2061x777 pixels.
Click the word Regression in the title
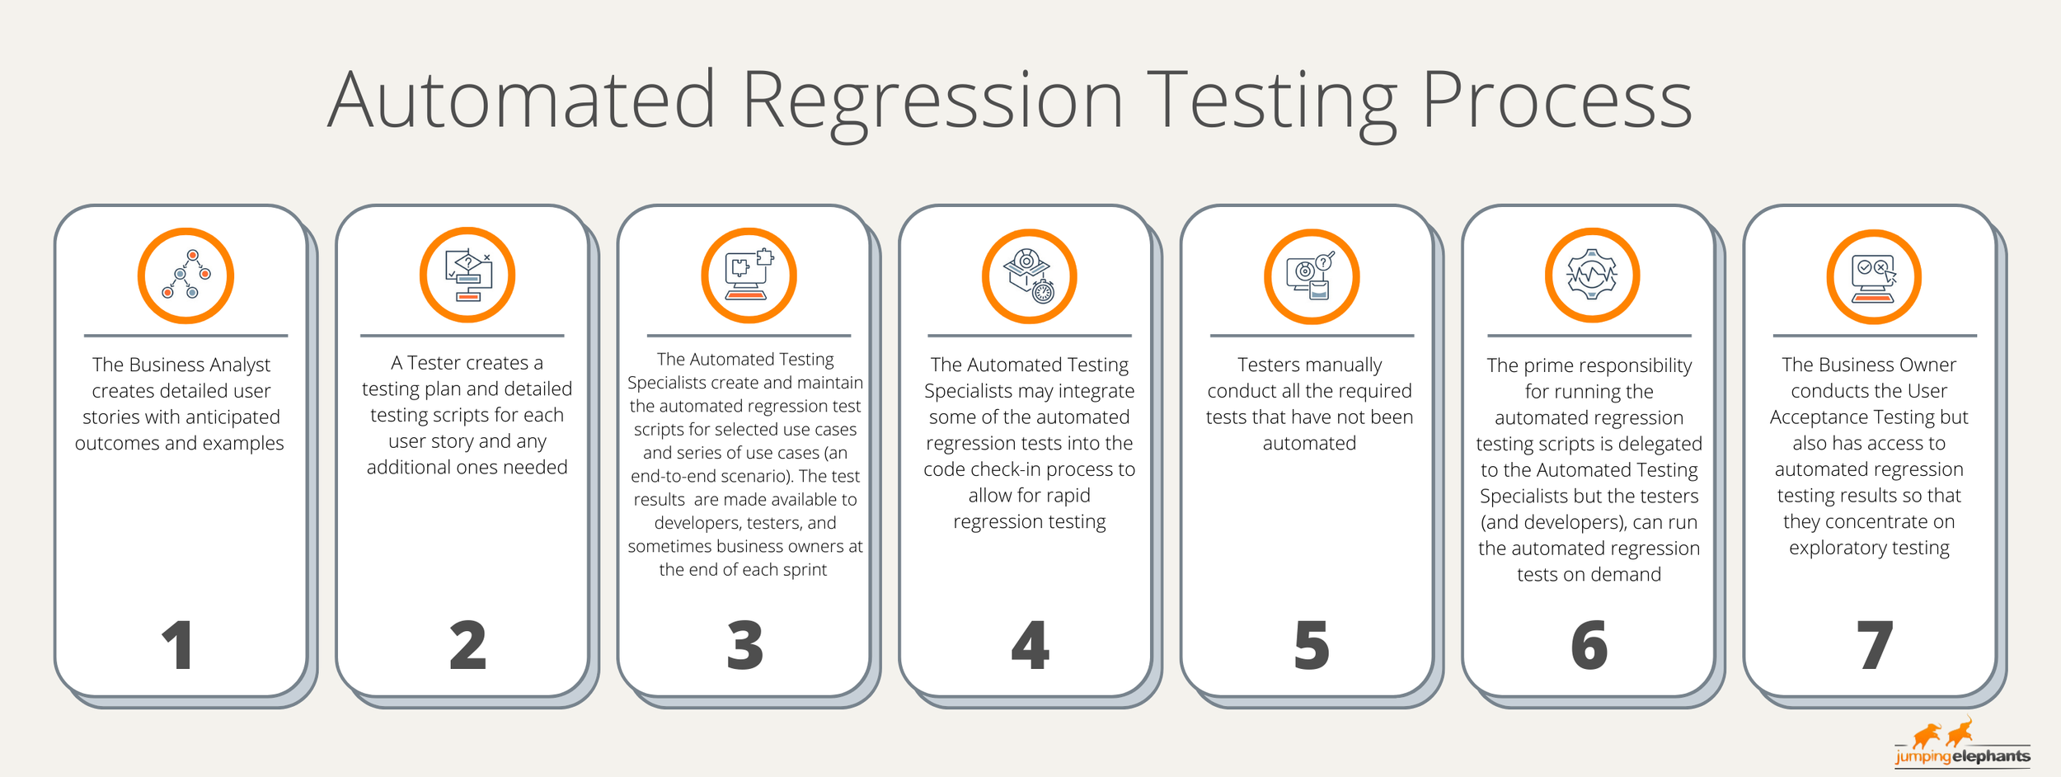pyautogui.click(x=932, y=101)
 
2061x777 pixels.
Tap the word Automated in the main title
pyautogui.click(x=521, y=101)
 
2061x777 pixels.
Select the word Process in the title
pyautogui.click(x=1556, y=101)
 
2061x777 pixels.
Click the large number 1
pyautogui.click(x=178, y=645)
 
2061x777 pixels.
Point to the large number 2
pyautogui.click(x=467, y=645)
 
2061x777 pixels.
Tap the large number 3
pyautogui.click(x=744, y=645)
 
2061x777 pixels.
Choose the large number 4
pyautogui.click(x=1030, y=645)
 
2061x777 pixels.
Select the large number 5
pyautogui.click(x=1311, y=645)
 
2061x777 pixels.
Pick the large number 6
pyautogui.click(x=1589, y=645)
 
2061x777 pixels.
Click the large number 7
pyautogui.click(x=1874, y=645)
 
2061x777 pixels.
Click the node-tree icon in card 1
pyautogui.click(x=185, y=275)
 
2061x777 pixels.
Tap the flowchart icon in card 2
pyautogui.click(x=467, y=275)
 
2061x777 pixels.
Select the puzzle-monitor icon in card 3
pyautogui.click(x=749, y=275)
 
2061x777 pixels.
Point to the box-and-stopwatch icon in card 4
pyautogui.click(x=1029, y=276)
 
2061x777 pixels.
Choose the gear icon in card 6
pyautogui.click(x=1592, y=275)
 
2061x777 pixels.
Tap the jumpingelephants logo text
pyautogui.click(x=1962, y=756)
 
